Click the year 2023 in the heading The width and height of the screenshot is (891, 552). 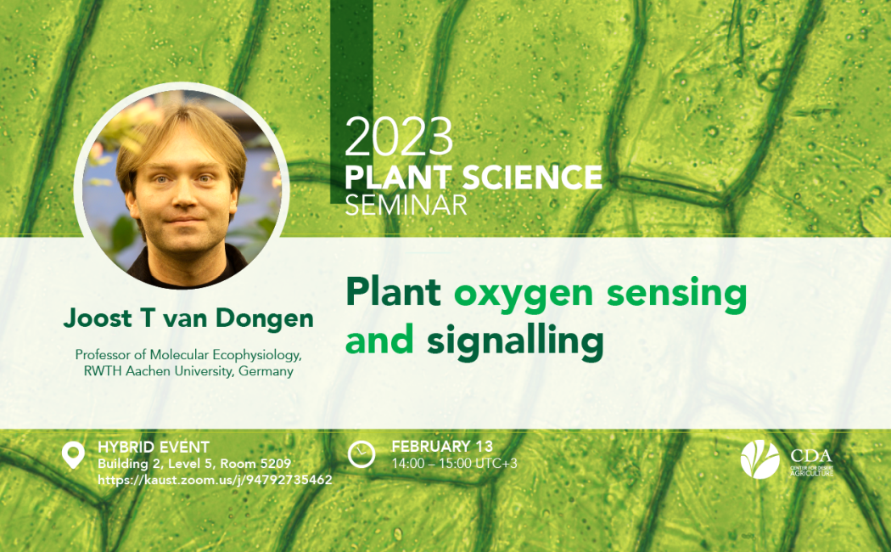click(x=399, y=137)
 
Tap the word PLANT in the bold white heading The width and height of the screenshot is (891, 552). click(x=398, y=177)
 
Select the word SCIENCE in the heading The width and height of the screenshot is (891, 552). click(x=532, y=177)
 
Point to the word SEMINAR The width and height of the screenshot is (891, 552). click(x=406, y=205)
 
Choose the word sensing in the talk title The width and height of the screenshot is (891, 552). click(x=677, y=294)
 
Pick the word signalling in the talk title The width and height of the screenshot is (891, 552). click(x=515, y=342)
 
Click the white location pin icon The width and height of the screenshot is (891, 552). click(x=73, y=455)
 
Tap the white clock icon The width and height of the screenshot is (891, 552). click(x=361, y=454)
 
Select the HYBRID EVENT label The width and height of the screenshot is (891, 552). click(x=154, y=447)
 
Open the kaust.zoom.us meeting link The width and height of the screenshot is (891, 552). click(x=215, y=480)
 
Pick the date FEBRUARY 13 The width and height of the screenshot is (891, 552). click(x=442, y=446)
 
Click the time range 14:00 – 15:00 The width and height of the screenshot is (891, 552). click(x=432, y=464)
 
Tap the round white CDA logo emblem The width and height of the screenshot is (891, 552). click(x=759, y=459)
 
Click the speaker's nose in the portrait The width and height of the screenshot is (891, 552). click(x=184, y=196)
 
